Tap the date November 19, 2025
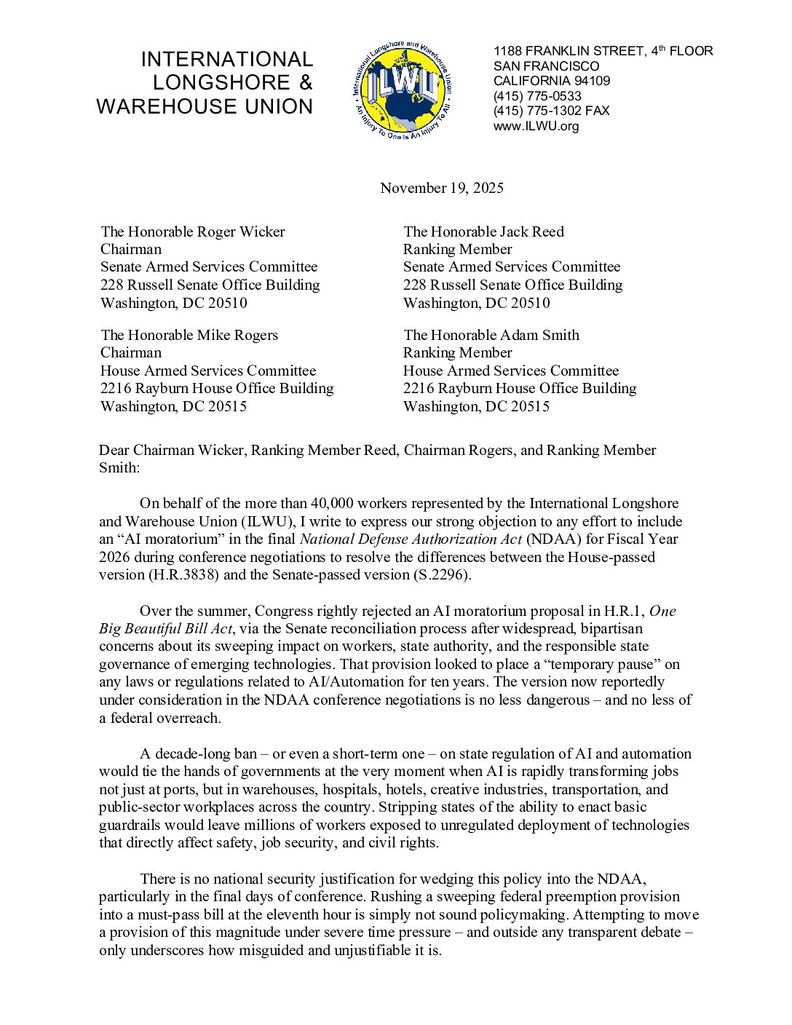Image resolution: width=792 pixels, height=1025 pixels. click(441, 188)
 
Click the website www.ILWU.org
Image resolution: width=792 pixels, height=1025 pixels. click(536, 126)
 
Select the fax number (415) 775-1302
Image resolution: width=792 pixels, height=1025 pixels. click(537, 111)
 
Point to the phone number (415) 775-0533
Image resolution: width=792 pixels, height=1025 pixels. click(537, 96)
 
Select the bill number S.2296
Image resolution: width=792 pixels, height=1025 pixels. click(443, 574)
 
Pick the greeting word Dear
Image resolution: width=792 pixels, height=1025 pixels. click(114, 450)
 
